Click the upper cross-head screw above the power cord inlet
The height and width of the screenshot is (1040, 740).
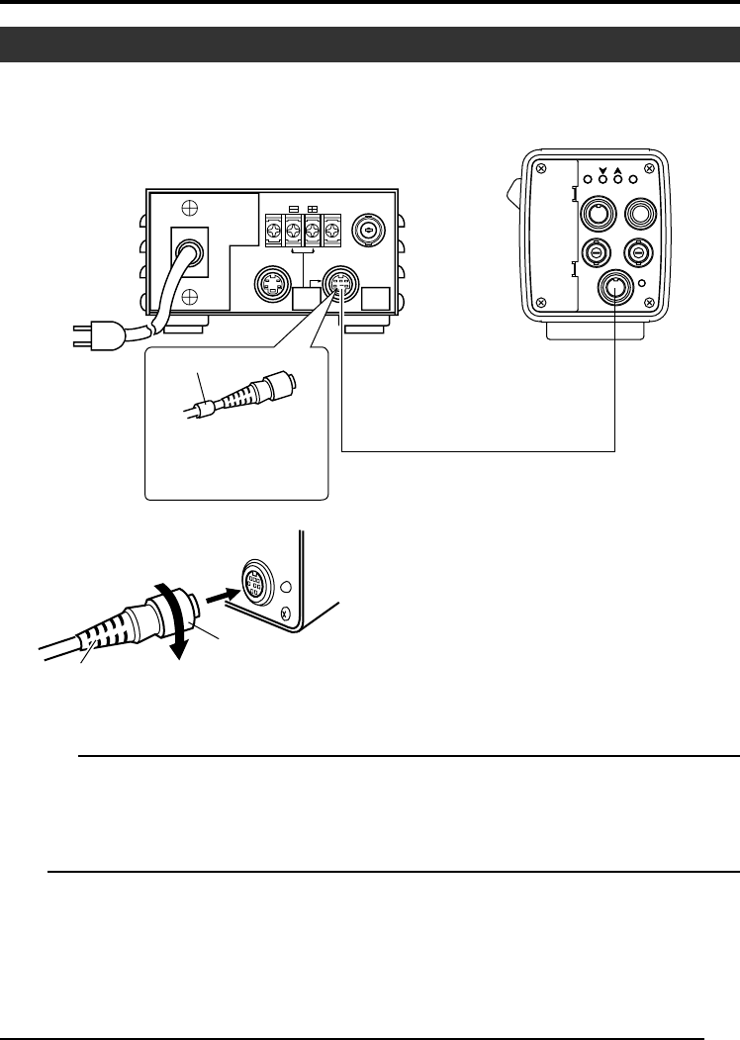(189, 210)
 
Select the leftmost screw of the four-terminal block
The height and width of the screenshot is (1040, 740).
(273, 234)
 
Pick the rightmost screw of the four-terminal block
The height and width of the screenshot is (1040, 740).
(332, 234)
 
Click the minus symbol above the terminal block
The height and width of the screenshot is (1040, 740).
(293, 209)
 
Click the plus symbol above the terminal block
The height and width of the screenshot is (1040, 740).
(314, 209)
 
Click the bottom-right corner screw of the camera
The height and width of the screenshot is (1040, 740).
(650, 303)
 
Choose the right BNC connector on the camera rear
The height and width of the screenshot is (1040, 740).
(639, 254)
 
